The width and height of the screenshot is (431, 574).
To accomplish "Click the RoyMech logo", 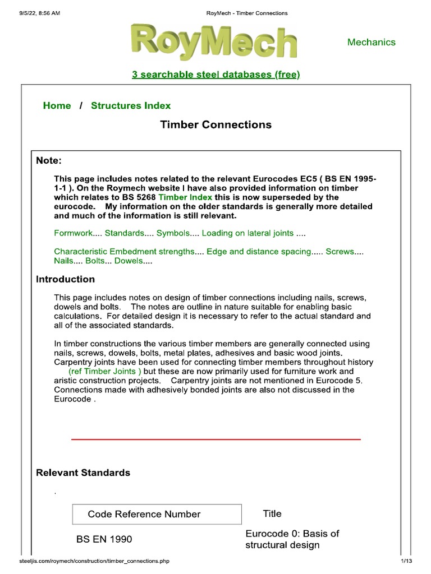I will pos(213,40).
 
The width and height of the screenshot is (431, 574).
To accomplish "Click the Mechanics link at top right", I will pos(371,42).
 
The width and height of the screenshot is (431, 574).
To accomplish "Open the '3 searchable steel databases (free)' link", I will pos(215,75).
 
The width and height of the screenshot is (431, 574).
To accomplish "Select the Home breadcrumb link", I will pos(57,105).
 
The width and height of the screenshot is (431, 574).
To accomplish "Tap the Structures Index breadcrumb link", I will pos(131,105).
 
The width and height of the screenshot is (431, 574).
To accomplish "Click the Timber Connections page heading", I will pos(215,124).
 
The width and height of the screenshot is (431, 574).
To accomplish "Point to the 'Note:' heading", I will pos(48,160).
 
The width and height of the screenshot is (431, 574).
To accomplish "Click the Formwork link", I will pos(73,233).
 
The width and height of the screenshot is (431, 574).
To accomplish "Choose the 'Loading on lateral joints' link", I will pos(247,233).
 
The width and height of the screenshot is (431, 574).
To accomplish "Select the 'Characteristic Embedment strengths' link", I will pos(123,252).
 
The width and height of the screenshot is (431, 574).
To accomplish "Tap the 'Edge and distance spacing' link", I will pos(259,252).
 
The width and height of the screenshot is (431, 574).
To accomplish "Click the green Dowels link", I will pos(129,261).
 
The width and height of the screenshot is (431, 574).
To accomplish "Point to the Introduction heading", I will pos(65,279).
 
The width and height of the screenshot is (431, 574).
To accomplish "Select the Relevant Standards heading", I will pos(83,473).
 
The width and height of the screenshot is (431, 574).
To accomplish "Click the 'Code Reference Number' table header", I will pos(144,514).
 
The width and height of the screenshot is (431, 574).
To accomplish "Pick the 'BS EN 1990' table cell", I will pos(104,539).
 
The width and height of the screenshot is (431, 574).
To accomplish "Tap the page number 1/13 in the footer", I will pos(406,561).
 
